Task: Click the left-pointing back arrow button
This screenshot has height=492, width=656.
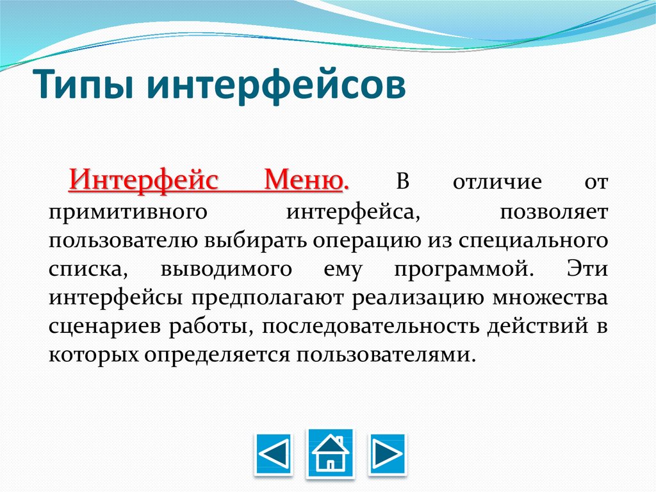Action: point(274,454)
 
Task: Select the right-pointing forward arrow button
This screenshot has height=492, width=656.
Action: point(387,454)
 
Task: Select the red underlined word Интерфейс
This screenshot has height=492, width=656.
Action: point(143,181)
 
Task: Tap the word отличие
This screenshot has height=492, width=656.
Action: point(497,182)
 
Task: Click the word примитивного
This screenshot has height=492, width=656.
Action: point(127,212)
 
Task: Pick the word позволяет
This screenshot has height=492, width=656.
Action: point(554,212)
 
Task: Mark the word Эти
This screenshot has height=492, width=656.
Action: point(587,268)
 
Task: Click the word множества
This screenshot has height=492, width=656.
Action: point(550,298)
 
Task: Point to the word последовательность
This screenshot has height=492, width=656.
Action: point(371,327)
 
